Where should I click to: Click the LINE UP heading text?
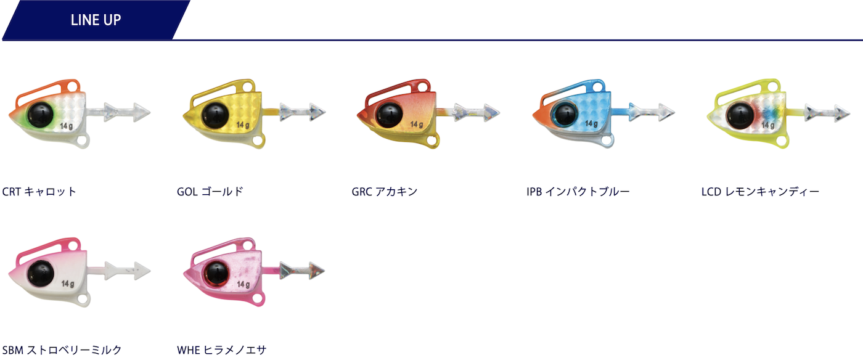click(96, 20)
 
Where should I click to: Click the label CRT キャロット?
click(39, 192)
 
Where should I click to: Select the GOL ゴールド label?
click(210, 192)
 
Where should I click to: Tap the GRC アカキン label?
click(385, 192)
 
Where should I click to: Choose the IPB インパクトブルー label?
click(578, 192)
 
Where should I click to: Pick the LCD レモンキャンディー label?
click(760, 192)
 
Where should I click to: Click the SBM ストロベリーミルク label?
click(62, 350)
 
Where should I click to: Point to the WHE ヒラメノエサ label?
click(221, 350)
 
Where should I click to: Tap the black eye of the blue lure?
click(563, 113)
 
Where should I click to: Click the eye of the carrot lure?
click(39, 113)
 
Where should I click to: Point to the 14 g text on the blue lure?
click(592, 124)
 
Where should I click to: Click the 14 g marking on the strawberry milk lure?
click(67, 284)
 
